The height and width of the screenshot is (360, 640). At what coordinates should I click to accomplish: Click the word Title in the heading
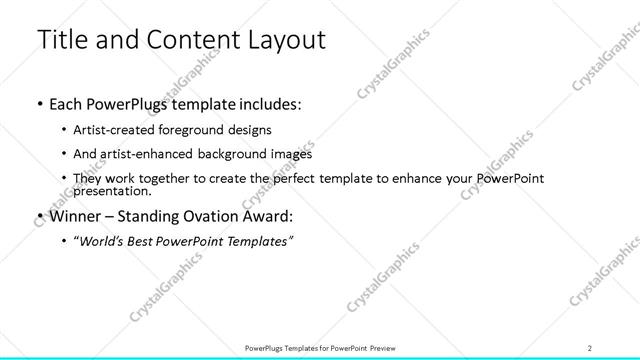coord(59,40)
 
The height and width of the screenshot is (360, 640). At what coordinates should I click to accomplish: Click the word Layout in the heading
coord(284,40)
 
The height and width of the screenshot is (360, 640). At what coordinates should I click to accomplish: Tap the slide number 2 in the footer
coord(590,347)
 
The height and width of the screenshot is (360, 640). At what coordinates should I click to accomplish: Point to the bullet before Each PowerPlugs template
coord(38,103)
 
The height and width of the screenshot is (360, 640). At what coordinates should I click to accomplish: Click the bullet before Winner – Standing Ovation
coord(38,214)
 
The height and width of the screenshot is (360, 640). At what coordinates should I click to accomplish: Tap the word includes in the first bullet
coord(269,103)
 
